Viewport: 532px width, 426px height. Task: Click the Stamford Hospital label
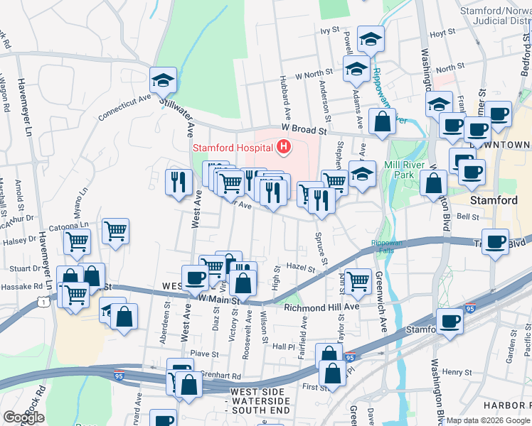tap(233, 148)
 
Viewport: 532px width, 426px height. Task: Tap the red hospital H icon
tap(284, 148)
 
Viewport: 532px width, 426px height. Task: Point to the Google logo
tap(23, 417)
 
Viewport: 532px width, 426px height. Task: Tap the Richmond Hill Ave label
tap(321, 307)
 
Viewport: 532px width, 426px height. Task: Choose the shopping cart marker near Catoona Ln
tap(115, 231)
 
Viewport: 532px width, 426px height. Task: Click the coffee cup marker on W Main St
tap(194, 278)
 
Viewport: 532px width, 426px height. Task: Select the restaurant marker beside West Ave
tap(178, 182)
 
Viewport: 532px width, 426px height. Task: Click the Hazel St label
tap(300, 268)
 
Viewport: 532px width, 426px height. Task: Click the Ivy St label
tap(328, 31)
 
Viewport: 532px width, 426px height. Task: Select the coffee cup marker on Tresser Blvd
tap(496, 241)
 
